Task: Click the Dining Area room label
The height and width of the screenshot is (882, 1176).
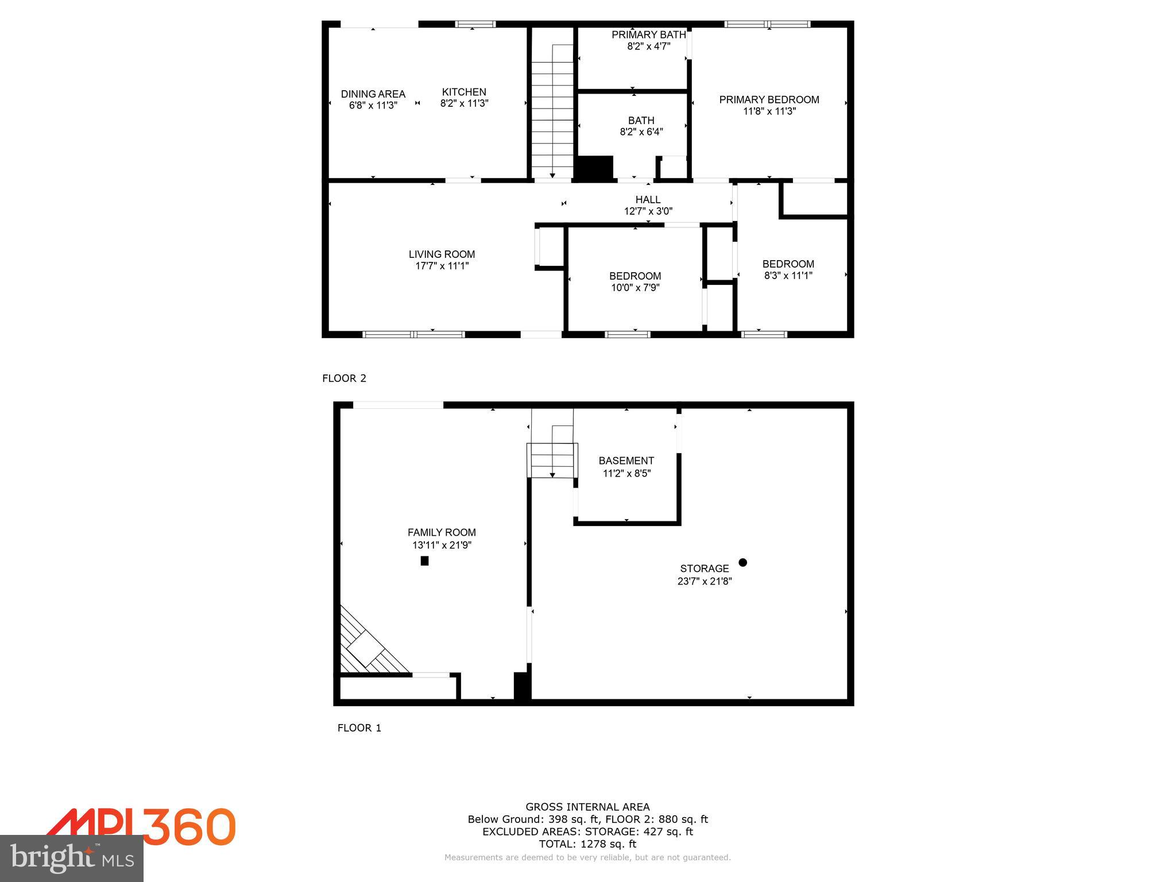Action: click(x=373, y=94)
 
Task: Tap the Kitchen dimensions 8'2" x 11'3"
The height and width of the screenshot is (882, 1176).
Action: click(x=464, y=103)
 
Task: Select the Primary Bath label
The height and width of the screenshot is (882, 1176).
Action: click(x=648, y=35)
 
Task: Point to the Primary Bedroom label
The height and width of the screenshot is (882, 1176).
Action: click(x=769, y=100)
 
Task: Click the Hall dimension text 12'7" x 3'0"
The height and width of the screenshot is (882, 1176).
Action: click(x=648, y=211)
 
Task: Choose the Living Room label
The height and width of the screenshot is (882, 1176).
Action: click(x=442, y=254)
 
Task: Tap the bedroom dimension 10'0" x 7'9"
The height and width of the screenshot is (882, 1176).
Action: click(x=635, y=287)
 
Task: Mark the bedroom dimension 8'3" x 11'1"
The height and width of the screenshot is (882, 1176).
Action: click(x=788, y=276)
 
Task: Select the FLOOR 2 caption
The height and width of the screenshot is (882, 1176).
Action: click(x=344, y=378)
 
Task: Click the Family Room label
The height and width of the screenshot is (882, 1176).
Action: click(x=442, y=532)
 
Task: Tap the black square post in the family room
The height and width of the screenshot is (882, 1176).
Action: click(x=424, y=561)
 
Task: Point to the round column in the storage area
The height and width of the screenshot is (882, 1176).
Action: click(x=742, y=563)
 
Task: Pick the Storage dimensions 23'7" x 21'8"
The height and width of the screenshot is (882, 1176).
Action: click(x=704, y=581)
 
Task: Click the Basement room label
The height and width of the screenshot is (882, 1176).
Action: click(x=626, y=461)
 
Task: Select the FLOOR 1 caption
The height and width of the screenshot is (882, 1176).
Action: click(x=359, y=728)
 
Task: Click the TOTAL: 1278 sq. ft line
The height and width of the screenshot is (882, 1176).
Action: click(x=587, y=844)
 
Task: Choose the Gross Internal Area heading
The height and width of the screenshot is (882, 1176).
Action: click(x=587, y=807)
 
